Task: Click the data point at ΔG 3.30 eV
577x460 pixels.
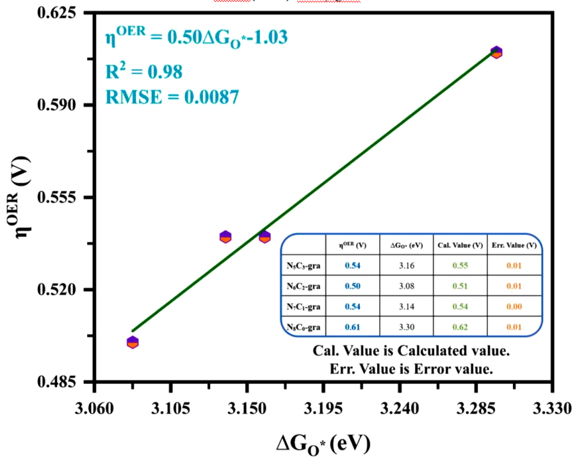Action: [496, 52]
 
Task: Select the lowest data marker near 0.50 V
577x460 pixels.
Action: [133, 342]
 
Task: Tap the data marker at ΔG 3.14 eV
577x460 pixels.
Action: [225, 236]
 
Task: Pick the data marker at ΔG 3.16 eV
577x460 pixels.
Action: [264, 236]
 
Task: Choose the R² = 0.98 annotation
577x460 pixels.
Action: [144, 70]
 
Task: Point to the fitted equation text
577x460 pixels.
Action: [196, 38]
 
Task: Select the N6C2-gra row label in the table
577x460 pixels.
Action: [304, 286]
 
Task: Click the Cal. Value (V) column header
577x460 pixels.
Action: [460, 245]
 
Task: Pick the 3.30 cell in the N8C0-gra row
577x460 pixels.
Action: [406, 327]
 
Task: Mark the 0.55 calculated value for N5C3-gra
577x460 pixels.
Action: [460, 265]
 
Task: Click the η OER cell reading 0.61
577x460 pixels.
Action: [352, 327]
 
